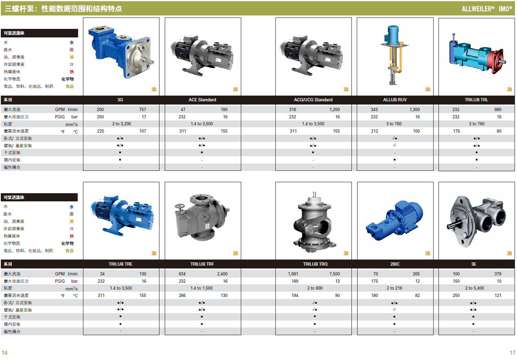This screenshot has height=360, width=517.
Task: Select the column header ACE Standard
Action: tap(202, 100)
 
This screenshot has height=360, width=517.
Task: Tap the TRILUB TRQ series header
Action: tap(315, 264)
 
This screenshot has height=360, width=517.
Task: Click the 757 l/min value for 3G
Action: tap(142, 109)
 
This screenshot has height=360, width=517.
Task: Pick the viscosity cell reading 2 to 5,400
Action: tap(475, 288)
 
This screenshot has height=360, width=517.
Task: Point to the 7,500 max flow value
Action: tap(334, 274)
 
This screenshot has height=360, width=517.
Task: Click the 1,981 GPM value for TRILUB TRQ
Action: tap(293, 274)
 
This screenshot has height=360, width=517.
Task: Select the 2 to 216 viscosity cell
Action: tap(394, 288)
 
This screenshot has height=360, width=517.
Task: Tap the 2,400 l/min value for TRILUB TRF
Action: tap(222, 274)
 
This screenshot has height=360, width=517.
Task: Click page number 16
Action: tap(4, 353)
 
